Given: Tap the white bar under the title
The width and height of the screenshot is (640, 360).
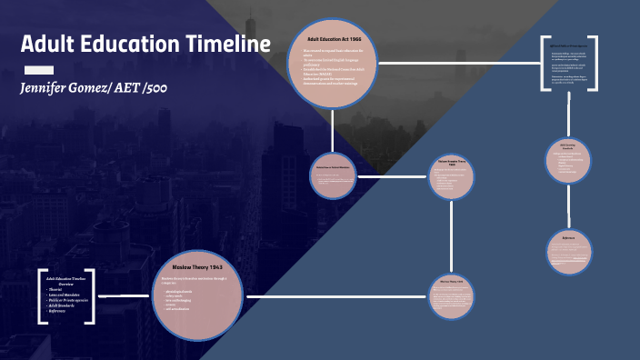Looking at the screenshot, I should click(x=37, y=69).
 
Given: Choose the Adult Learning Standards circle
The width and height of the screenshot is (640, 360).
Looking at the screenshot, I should click(x=569, y=160).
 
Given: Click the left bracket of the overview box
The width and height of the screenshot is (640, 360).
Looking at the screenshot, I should click(x=42, y=296).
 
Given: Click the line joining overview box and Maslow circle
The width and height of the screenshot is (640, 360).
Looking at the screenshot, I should click(x=123, y=296).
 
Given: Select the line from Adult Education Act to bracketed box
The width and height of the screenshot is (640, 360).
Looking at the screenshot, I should click(x=459, y=63).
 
